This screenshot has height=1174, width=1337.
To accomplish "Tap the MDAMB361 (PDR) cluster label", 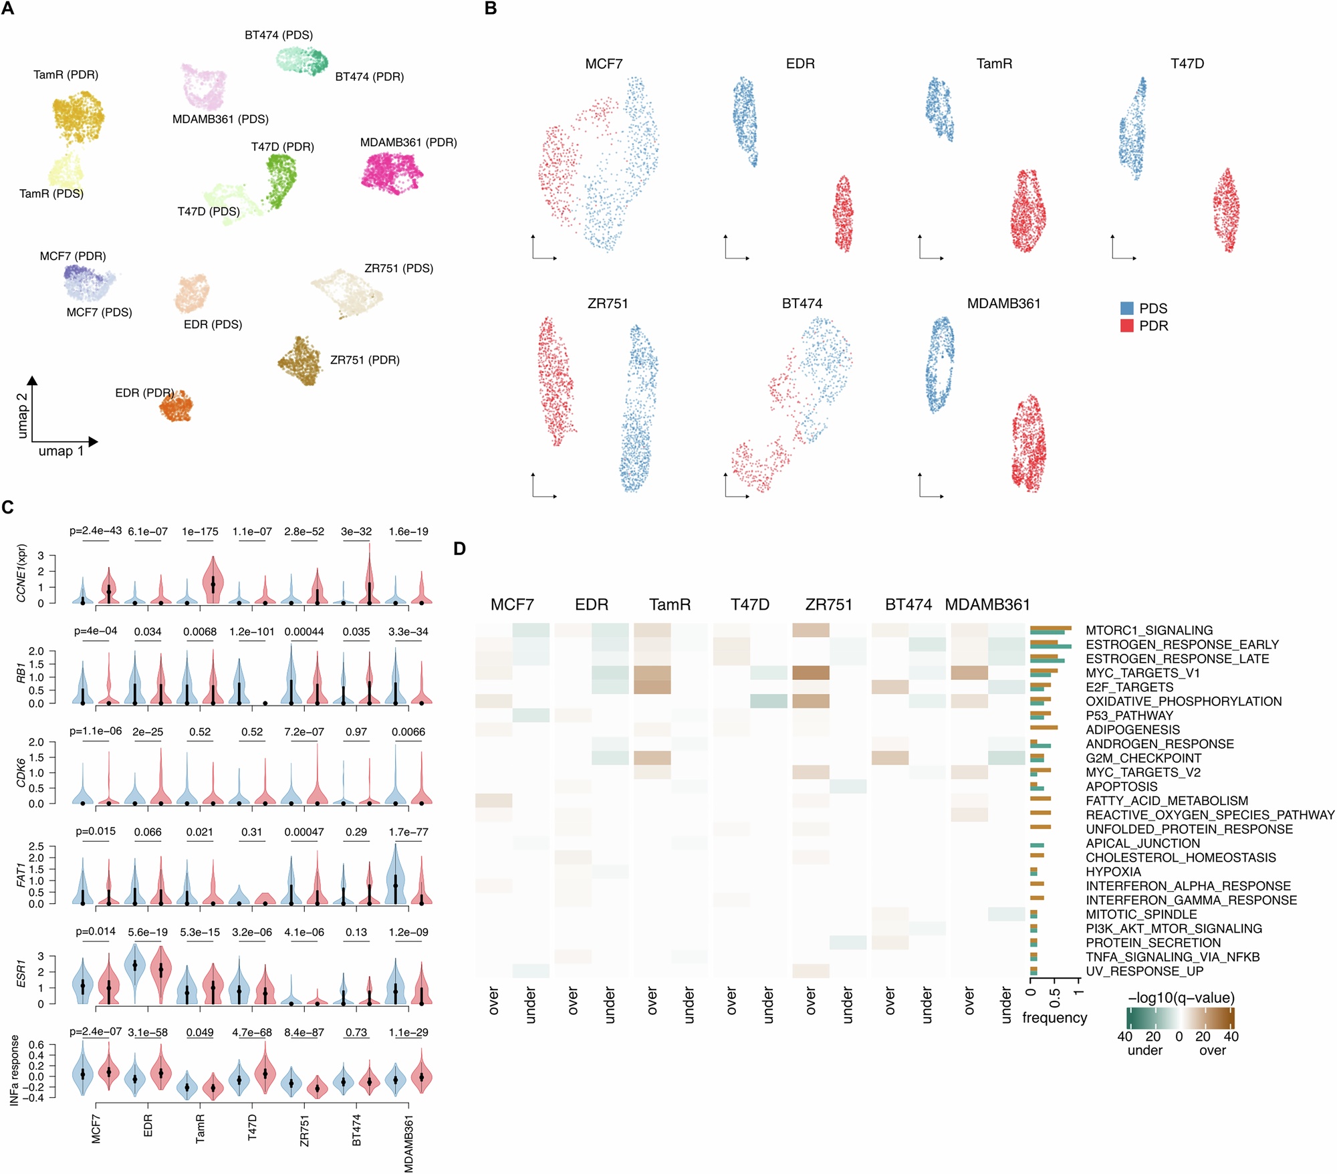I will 408,142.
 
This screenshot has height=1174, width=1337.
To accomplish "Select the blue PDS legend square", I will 1127,308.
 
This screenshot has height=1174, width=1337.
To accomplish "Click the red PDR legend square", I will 1127,326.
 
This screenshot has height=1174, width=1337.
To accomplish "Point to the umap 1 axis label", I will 61,451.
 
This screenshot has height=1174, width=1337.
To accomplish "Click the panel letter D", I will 459,549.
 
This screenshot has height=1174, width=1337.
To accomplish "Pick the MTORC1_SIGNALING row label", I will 1148,630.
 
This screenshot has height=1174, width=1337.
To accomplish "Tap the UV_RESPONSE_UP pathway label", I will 1144,971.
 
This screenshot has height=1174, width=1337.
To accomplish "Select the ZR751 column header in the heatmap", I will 828,604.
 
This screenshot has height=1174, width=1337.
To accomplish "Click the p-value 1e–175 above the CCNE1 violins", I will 200,532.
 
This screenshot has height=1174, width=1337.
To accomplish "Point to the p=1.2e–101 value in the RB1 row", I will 252,632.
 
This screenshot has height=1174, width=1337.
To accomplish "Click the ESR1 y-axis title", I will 21,973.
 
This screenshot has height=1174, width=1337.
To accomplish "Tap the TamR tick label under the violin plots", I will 200,1128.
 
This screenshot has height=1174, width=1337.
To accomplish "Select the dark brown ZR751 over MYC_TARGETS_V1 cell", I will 810,673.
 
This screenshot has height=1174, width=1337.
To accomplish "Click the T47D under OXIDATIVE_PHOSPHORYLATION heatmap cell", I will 768,701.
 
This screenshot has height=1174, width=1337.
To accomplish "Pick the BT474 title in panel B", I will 802,304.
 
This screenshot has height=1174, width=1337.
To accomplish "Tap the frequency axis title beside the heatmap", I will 1054,1018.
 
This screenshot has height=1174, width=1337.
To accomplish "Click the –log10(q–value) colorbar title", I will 1181,998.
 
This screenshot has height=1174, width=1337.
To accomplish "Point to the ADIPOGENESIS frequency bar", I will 1044,727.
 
